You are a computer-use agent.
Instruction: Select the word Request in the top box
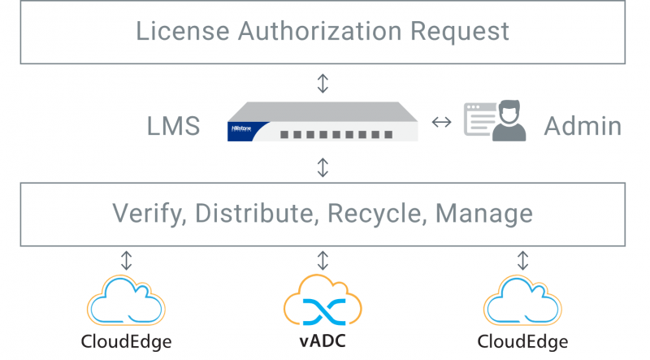(x=459, y=33)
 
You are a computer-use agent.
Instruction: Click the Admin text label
(x=583, y=126)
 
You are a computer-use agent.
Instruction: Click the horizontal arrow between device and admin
(x=441, y=123)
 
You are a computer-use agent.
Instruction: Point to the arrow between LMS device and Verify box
(x=323, y=167)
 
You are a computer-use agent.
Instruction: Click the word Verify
(x=147, y=214)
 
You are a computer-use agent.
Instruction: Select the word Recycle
(x=377, y=215)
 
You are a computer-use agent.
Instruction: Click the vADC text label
(x=323, y=340)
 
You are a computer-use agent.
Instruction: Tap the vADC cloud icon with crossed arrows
(x=323, y=301)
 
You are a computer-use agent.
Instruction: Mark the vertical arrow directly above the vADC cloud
(x=323, y=260)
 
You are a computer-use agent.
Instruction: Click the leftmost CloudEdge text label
(x=126, y=340)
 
